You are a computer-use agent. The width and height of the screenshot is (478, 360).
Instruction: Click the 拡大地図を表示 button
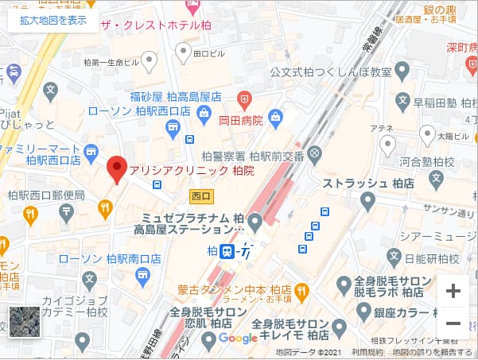tap(53, 20)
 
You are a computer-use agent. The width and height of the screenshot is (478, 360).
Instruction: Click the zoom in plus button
tap(453, 291)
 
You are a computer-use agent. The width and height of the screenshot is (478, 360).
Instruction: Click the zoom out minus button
tap(453, 324)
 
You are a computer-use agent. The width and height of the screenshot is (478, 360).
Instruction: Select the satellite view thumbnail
tap(23, 322)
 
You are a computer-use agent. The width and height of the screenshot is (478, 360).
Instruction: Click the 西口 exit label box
tap(200, 194)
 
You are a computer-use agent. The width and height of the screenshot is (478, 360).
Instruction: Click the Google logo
tap(238, 338)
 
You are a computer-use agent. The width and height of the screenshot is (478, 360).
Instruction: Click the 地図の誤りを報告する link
tap(433, 352)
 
